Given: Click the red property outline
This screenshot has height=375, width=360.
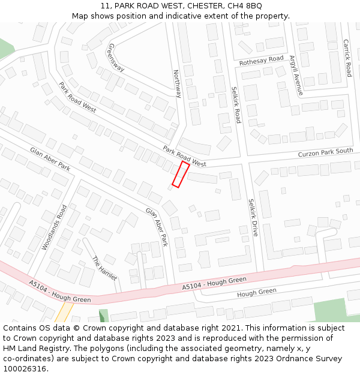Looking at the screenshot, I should [x=181, y=174].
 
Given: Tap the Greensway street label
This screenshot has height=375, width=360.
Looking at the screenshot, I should [x=116, y=58].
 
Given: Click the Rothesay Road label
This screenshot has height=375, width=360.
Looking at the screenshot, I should [x=261, y=59].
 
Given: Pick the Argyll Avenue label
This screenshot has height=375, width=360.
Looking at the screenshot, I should [x=296, y=76].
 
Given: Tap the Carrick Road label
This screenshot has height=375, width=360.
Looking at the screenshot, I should [x=346, y=58].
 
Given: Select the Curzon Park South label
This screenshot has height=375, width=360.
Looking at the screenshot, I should [x=325, y=152].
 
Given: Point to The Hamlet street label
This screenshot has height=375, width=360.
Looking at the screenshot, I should [x=104, y=268].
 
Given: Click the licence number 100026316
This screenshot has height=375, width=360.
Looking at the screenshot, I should [x=26, y=369].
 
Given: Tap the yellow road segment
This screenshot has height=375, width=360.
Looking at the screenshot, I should [x=63, y=313].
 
